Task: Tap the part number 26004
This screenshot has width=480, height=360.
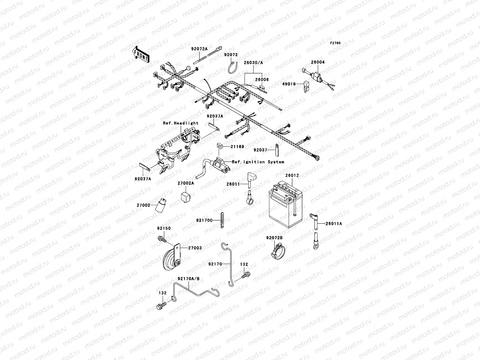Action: point(317,62)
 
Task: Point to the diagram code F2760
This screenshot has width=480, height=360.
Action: point(335,43)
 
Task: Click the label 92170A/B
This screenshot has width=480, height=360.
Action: point(188,279)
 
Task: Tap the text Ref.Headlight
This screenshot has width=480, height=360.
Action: point(181,123)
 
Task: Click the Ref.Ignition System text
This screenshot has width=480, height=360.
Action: point(258,162)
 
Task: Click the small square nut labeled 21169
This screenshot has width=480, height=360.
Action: point(219,147)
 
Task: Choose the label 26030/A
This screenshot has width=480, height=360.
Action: point(253,63)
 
